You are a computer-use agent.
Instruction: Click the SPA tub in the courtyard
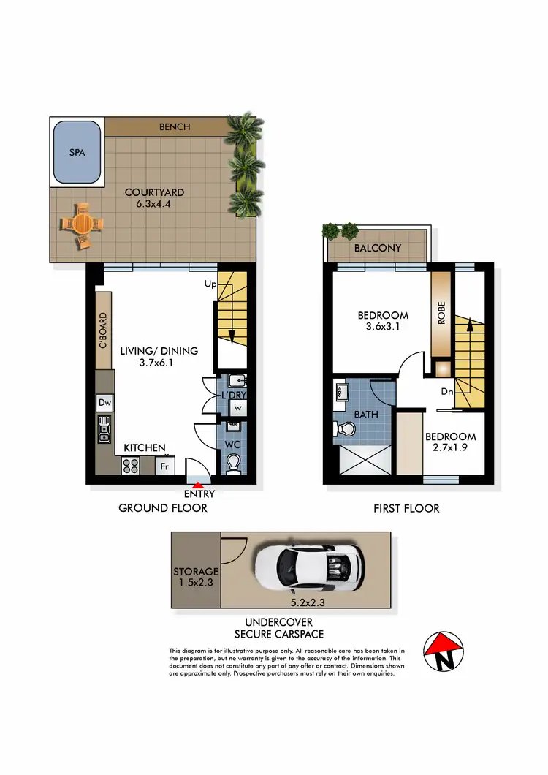click(x=76, y=152)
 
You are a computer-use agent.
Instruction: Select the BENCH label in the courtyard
click(x=175, y=126)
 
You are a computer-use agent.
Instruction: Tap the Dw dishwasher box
click(x=104, y=402)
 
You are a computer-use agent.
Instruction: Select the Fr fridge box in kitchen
click(x=165, y=464)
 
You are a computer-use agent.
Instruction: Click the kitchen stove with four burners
click(x=131, y=464)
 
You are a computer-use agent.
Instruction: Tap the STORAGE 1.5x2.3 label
click(x=196, y=577)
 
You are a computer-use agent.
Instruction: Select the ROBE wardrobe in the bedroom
click(x=441, y=313)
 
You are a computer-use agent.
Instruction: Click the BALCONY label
click(x=378, y=248)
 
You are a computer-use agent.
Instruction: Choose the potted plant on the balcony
click(x=340, y=231)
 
